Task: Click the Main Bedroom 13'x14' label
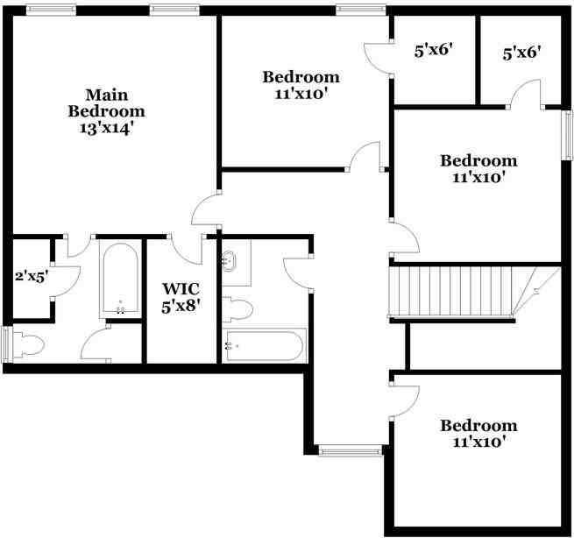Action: click(106, 111)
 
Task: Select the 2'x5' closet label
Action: click(30, 276)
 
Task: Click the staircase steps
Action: click(451, 292)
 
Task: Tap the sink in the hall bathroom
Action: click(230, 260)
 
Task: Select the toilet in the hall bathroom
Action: click(237, 308)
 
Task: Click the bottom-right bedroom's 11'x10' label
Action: click(478, 434)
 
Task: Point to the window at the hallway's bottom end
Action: click(350, 450)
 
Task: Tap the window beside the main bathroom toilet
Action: click(7, 343)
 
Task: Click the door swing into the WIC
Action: click(188, 250)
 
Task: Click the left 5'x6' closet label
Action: click(433, 51)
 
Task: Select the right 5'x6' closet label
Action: click(521, 53)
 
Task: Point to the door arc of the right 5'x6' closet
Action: click(525, 92)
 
